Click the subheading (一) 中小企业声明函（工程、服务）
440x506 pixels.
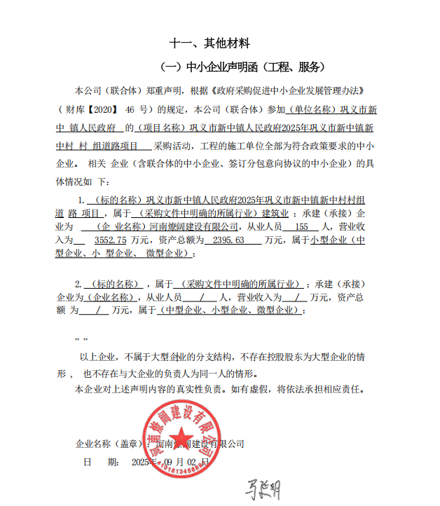(x=243, y=67)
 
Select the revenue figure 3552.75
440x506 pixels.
(x=104, y=240)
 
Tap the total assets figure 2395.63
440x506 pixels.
(x=226, y=240)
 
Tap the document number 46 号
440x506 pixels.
(x=136, y=109)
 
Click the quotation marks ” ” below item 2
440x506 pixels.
(x=81, y=339)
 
